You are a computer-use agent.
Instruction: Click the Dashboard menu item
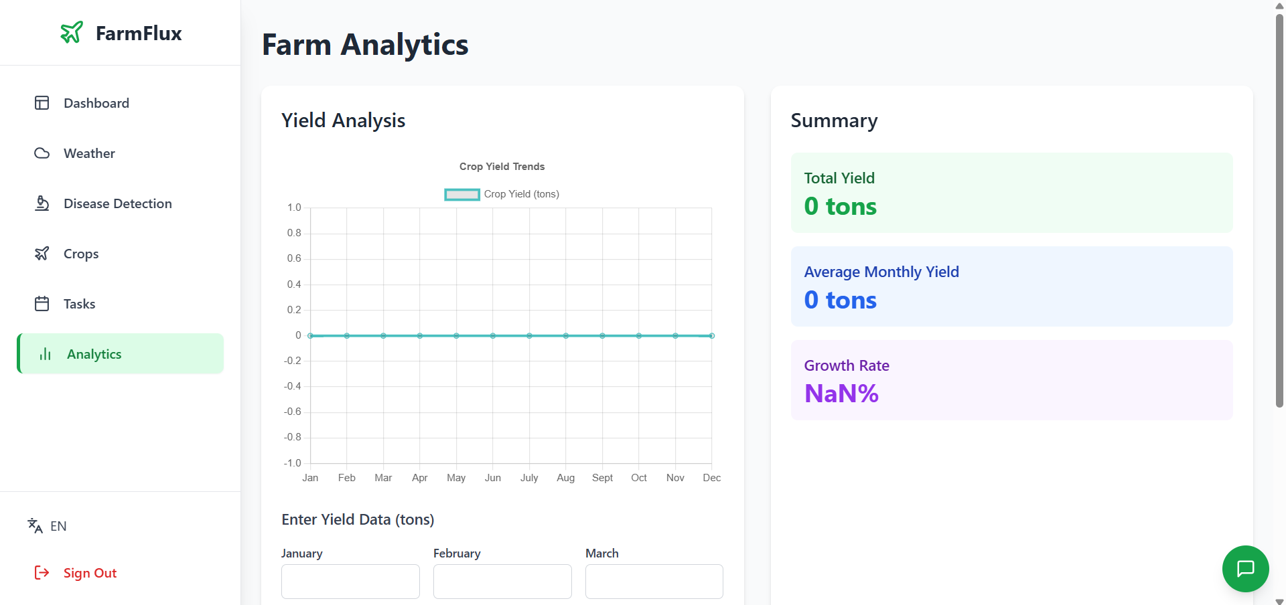point(96,103)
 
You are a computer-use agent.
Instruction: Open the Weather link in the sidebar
point(89,153)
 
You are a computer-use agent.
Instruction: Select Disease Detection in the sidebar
point(117,203)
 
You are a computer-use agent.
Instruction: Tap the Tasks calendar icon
point(42,304)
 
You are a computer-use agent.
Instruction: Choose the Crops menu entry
point(80,254)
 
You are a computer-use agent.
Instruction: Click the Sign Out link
point(89,573)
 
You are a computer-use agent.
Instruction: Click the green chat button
point(1245,569)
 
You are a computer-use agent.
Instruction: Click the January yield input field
point(350,581)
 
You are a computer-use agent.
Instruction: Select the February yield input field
point(502,581)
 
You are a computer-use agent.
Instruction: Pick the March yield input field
point(654,581)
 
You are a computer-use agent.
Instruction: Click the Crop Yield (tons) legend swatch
point(462,194)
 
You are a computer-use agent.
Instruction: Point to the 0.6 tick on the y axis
point(294,258)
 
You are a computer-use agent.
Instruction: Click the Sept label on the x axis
point(602,478)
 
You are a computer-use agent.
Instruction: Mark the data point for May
point(456,335)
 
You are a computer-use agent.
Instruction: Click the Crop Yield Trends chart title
point(502,167)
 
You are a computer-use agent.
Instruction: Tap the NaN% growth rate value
point(841,394)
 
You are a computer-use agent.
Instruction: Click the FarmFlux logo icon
point(72,32)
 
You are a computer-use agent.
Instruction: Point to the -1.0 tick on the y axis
point(293,463)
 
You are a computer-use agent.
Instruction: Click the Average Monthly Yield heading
point(881,272)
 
